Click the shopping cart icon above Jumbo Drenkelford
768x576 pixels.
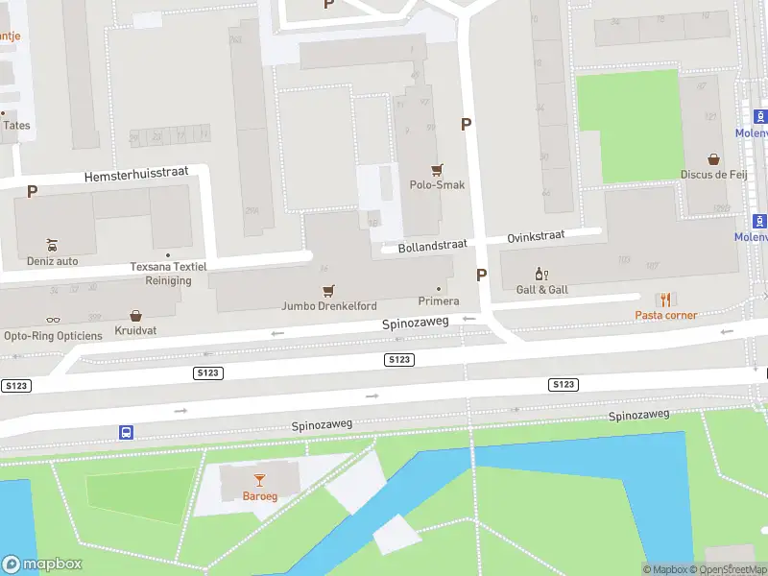pos(329,290)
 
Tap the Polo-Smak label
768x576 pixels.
pos(437,184)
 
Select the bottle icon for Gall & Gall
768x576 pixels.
pos(541,274)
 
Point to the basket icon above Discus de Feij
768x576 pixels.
pos(713,158)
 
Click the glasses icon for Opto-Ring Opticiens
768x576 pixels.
pos(53,320)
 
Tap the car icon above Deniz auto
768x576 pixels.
pos(53,244)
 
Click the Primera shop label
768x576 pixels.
pos(439,300)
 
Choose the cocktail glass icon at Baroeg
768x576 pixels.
pos(258,479)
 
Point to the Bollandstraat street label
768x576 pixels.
pos(432,245)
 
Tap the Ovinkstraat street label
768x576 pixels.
pos(536,234)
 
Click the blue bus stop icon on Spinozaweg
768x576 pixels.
pos(126,432)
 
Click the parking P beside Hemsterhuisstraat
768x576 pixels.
pos(33,191)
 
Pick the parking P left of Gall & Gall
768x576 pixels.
pos(481,275)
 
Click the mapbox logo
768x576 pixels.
pos(42,564)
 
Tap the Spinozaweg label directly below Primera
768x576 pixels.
pos(416,324)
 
